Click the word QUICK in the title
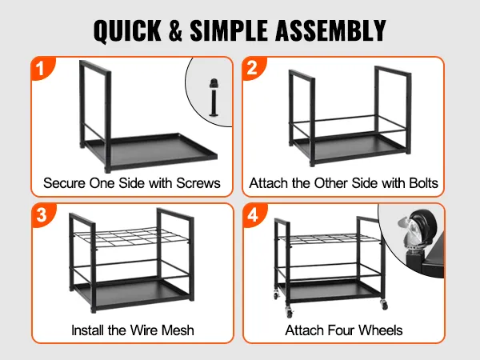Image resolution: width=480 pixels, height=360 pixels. tap(127, 30)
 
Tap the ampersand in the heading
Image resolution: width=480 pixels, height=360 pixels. tap(175, 30)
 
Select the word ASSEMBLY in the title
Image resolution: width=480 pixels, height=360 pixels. tap(330, 30)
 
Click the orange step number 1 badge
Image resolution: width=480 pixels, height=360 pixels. tap(42, 69)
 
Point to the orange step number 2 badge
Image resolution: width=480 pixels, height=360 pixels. tap(254, 68)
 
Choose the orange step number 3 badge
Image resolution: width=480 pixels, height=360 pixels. tap(43, 215)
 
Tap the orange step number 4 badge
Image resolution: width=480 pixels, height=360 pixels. tap(254, 215)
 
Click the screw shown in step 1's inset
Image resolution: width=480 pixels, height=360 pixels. tap(214, 98)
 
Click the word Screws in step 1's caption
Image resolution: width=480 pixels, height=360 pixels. tap(198, 183)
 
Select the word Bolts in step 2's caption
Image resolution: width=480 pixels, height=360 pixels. tap(423, 183)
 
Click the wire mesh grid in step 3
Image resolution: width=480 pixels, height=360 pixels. tap(130, 238)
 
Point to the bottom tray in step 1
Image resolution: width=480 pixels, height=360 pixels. tap(150, 150)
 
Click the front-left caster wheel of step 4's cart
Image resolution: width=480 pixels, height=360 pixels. tap(289, 312)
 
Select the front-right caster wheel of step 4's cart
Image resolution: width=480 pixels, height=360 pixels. tap(384, 304)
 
